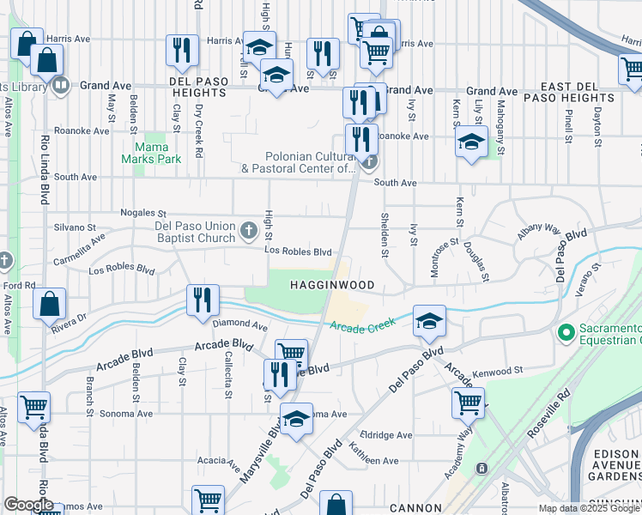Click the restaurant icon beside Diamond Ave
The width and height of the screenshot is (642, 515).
(203, 300)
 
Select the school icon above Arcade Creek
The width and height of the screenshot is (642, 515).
(429, 321)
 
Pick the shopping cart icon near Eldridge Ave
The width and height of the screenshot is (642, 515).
(467, 402)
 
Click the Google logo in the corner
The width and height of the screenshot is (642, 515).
(28, 505)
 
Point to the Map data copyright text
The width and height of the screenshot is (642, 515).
(589, 508)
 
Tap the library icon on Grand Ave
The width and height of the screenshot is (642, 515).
(60, 85)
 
